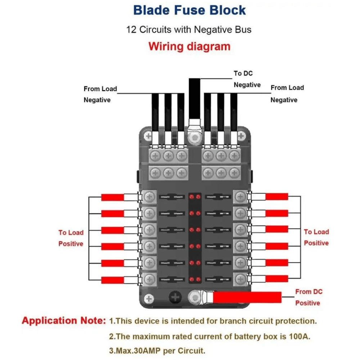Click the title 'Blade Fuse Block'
point(189,10)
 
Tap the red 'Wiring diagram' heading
point(189,46)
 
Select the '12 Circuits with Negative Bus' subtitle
point(189,30)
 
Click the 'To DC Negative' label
point(247,79)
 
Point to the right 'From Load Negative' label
point(287,94)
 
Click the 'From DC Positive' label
point(309,297)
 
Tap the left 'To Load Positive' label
point(71,238)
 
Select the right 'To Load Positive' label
point(316,238)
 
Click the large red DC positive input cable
point(247,297)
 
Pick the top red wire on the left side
point(112,197)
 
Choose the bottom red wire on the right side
point(276,279)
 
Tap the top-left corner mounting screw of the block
point(148,136)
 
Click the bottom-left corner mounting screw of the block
point(148,298)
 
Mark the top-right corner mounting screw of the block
point(241,136)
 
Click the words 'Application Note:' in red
point(64,321)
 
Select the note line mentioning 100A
point(210,337)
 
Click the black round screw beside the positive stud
point(175,297)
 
